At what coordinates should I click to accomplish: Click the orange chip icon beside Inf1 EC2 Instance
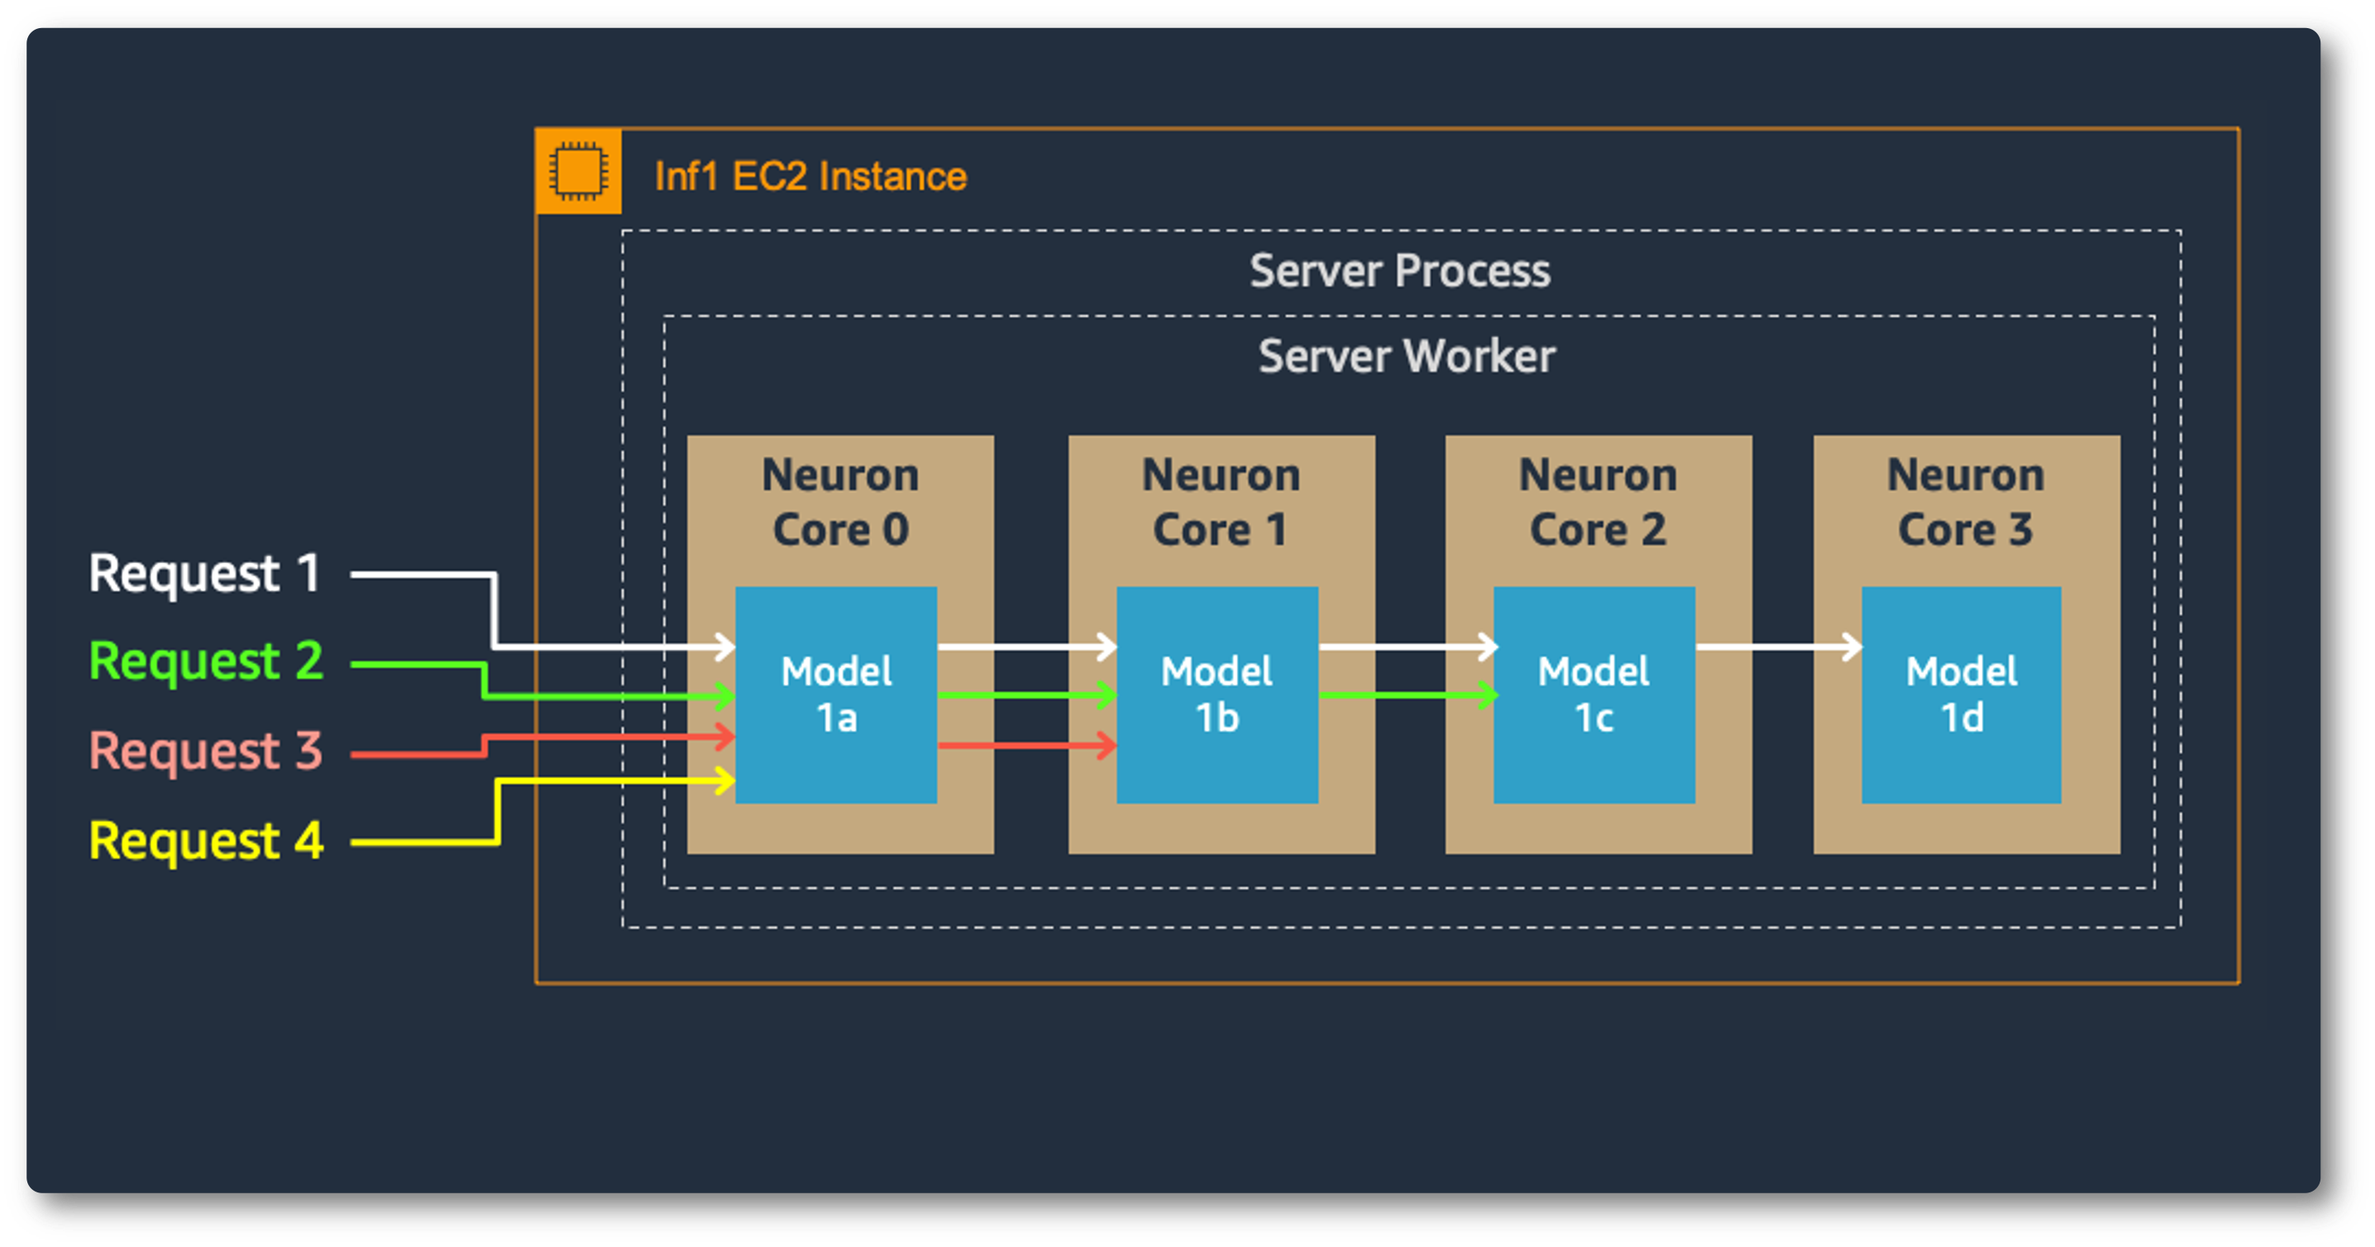[x=578, y=171]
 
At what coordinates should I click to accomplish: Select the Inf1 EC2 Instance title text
[x=810, y=176]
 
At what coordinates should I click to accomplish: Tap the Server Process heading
[x=1399, y=271]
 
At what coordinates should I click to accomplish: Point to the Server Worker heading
[x=1407, y=356]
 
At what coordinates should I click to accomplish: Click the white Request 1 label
[x=205, y=573]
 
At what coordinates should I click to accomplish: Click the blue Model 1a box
[x=836, y=695]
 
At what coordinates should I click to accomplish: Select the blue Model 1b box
[x=1217, y=695]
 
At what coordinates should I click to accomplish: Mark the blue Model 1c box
[x=1594, y=695]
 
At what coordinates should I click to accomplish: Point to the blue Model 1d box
[x=1961, y=695]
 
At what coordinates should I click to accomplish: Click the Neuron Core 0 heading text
[x=840, y=502]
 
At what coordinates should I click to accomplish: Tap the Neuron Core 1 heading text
[x=1221, y=502]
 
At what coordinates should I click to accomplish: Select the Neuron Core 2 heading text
[x=1598, y=502]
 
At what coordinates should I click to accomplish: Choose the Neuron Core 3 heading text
[x=1966, y=502]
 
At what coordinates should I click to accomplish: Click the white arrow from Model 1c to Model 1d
[x=1778, y=647]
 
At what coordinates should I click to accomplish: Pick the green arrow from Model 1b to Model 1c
[x=1407, y=695]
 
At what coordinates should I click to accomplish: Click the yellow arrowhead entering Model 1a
[x=724, y=781]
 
